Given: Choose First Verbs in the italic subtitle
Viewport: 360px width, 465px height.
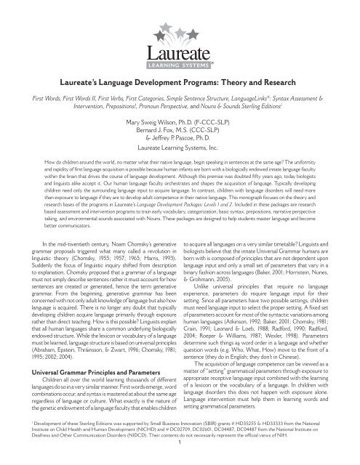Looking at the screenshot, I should coord(103,116).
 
